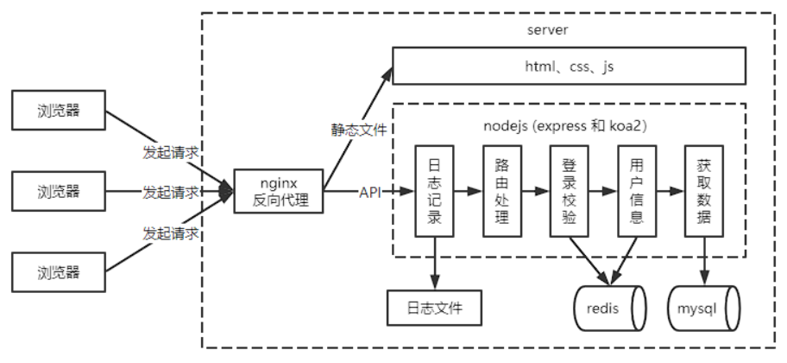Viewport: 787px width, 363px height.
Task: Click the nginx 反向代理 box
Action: (279, 191)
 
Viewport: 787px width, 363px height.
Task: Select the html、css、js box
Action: (569, 67)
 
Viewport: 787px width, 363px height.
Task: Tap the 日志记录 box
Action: (435, 191)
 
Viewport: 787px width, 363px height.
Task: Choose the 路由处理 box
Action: (502, 191)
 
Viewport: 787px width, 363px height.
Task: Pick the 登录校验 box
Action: (570, 191)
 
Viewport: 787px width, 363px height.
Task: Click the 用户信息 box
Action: (637, 191)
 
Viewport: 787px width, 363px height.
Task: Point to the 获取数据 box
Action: (704, 191)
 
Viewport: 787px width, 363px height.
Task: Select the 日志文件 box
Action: (433, 308)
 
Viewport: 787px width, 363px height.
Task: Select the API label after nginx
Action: (369, 191)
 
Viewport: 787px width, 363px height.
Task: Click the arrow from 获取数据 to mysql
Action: (704, 259)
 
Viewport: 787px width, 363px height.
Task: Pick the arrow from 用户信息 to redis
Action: (626, 259)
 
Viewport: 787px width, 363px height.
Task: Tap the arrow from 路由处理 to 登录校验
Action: (536, 191)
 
